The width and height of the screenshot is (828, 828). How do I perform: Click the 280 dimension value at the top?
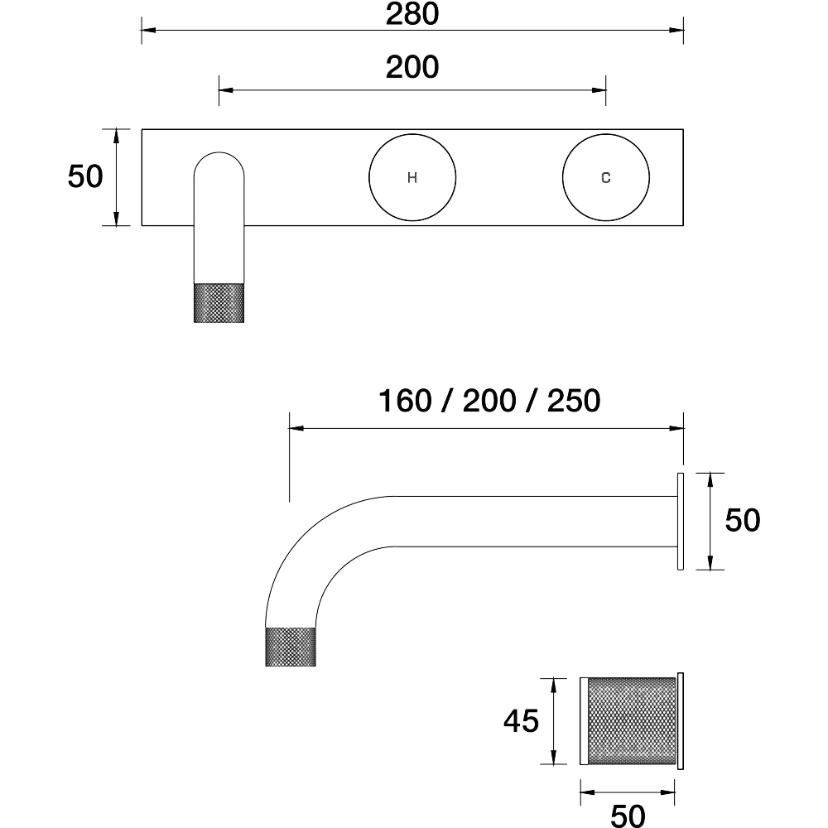click(x=412, y=14)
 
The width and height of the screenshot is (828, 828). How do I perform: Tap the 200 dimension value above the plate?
click(x=412, y=67)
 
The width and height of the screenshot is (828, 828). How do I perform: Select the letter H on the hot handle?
click(x=412, y=178)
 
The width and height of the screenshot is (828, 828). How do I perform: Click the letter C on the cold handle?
click(x=606, y=178)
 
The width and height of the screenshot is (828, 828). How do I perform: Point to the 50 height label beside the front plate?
click(x=85, y=176)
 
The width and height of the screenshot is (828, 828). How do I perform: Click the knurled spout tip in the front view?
click(x=219, y=302)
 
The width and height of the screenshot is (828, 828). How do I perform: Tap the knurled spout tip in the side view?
click(x=291, y=647)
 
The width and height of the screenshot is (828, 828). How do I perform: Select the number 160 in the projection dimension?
click(x=405, y=401)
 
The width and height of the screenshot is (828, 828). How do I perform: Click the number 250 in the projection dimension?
click(x=574, y=401)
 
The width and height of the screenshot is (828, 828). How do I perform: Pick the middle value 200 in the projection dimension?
click(x=489, y=401)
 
